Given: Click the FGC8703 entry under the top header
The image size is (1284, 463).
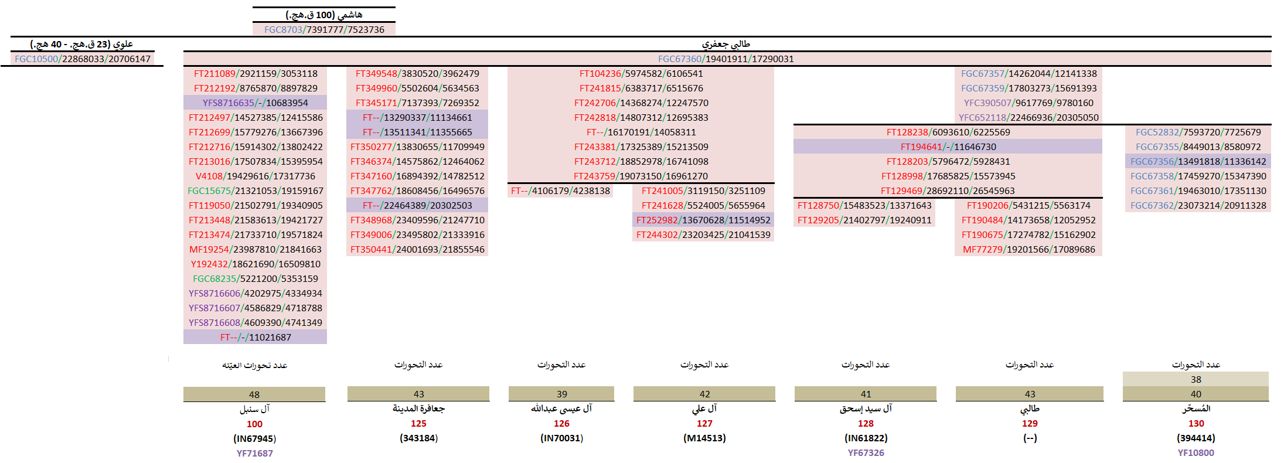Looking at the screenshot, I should [x=324, y=29].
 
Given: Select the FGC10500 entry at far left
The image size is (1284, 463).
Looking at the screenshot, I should [x=83, y=59].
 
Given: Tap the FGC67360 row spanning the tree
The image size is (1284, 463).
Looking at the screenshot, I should [x=726, y=59].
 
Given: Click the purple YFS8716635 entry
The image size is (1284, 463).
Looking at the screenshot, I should [x=255, y=103].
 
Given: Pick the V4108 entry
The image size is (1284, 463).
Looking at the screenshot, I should [x=255, y=176].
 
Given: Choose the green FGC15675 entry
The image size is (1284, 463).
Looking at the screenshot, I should [x=255, y=190].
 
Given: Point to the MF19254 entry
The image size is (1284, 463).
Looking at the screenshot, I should [x=255, y=249].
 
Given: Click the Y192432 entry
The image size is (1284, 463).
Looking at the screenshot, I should [x=255, y=264].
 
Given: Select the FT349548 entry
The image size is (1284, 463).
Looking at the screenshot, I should [x=417, y=73].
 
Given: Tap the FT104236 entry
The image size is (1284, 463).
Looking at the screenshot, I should [x=641, y=73].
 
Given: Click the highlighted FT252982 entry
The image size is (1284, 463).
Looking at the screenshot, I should [x=703, y=220].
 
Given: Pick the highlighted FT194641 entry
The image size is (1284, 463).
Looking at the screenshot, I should [x=948, y=147].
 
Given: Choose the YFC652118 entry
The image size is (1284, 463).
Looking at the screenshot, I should [x=1028, y=117].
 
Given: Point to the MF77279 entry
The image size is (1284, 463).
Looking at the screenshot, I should [x=1028, y=249].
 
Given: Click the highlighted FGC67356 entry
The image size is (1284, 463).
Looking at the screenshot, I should [x=1198, y=161].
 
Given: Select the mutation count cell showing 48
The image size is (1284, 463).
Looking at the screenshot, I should [x=254, y=394].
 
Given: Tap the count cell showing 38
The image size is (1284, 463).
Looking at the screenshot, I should [x=1196, y=379].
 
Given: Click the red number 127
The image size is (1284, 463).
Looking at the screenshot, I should [x=704, y=423].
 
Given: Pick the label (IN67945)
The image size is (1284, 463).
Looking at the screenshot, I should [x=254, y=438].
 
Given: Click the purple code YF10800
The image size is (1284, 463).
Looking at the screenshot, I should [x=1196, y=452].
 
